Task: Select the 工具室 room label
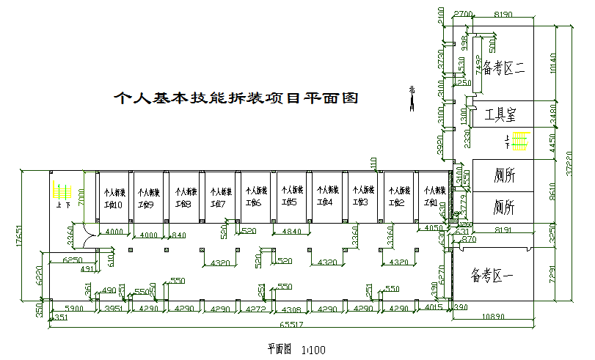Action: [501, 115]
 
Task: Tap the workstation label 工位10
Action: [113, 203]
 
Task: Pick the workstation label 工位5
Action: [290, 203]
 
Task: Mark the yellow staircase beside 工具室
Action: [521, 140]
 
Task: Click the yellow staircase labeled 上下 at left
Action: [60, 191]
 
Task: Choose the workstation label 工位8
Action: [183, 203]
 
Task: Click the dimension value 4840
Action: [291, 232]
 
